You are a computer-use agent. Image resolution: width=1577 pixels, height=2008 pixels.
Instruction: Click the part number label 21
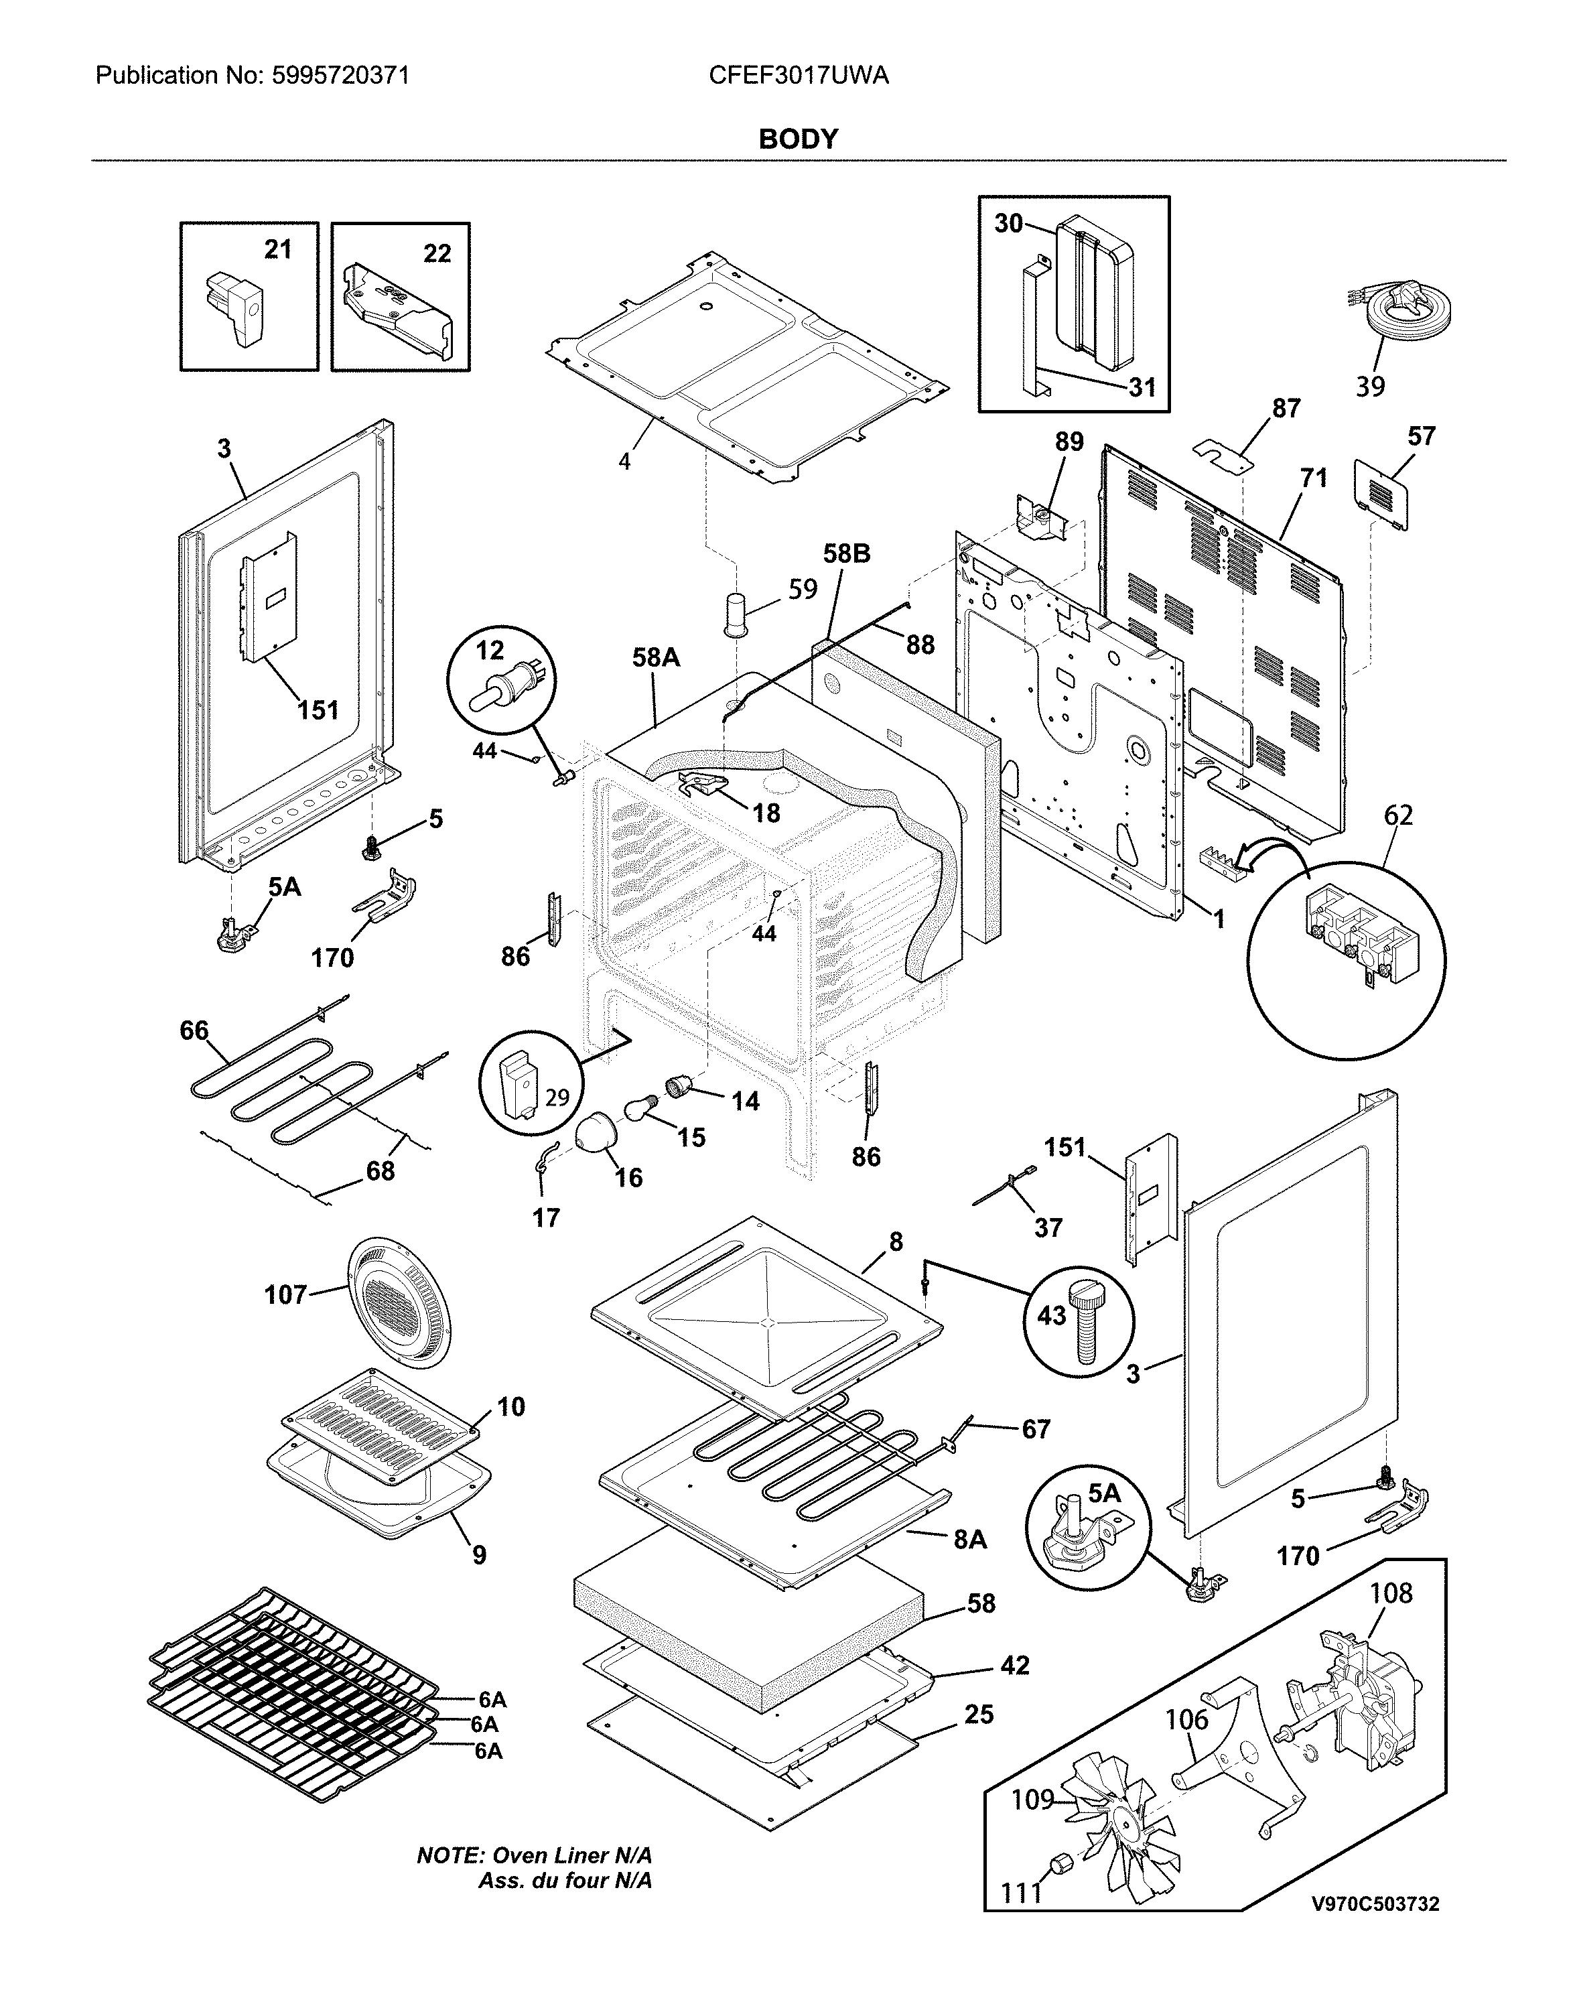pyautogui.click(x=278, y=249)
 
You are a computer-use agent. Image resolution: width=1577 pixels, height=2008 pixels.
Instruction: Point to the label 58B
pyautogui.click(x=847, y=554)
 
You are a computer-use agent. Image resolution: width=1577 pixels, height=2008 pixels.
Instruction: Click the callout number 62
pyautogui.click(x=1398, y=815)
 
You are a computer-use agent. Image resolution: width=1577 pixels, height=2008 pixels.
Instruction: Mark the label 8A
pyautogui.click(x=969, y=1539)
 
